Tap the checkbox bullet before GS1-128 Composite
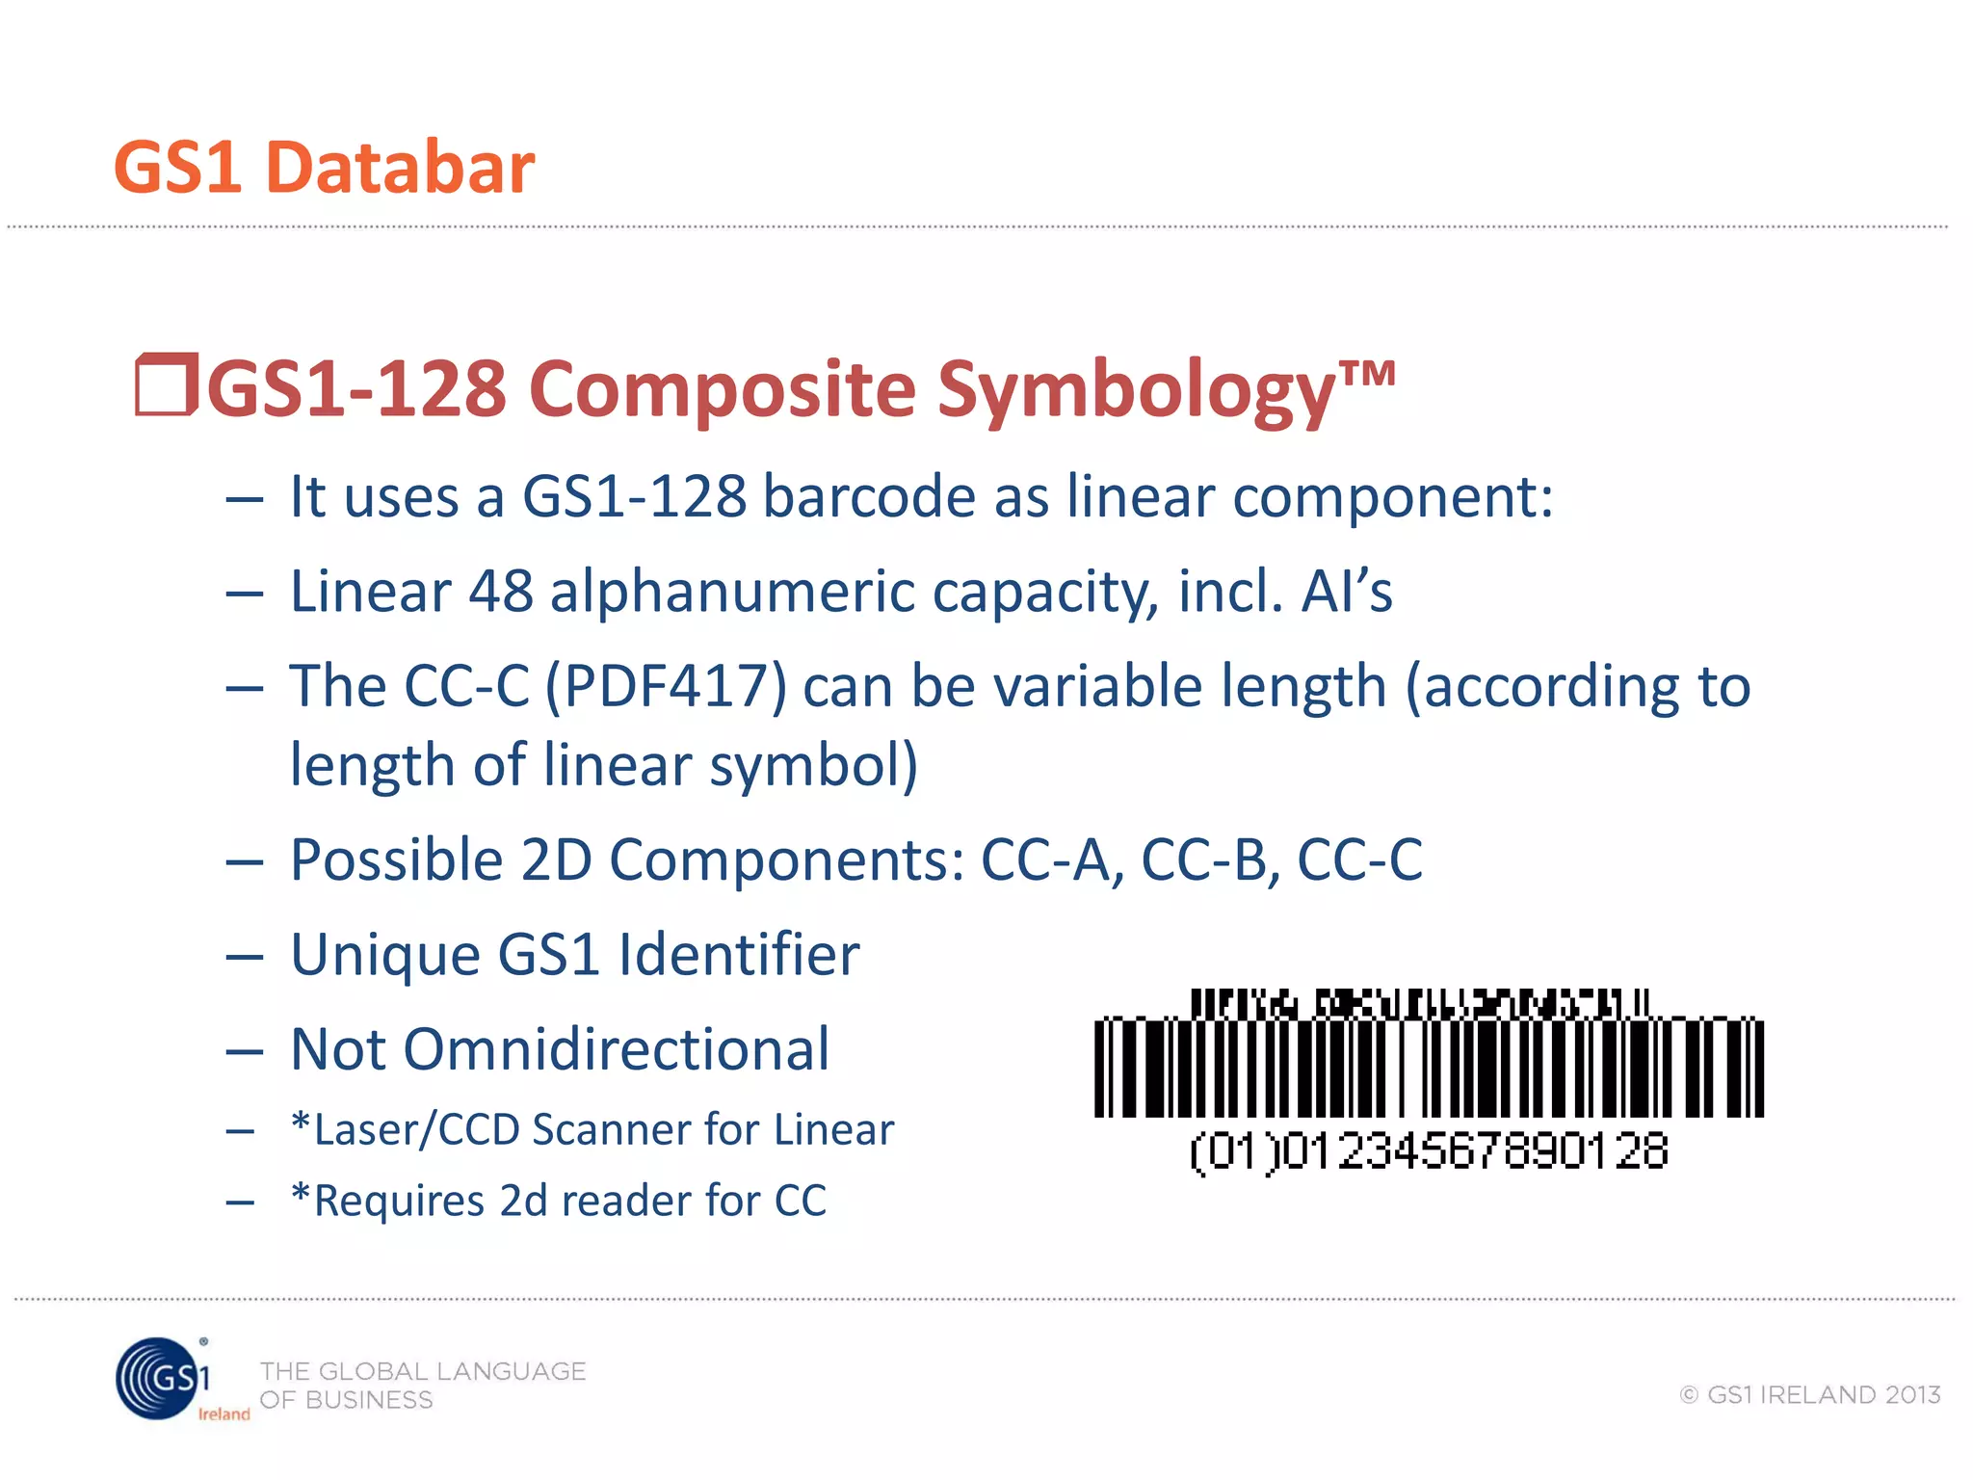click(x=166, y=385)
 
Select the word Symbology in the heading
click(x=1137, y=390)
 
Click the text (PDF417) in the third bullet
click(x=666, y=686)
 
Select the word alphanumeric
click(x=732, y=592)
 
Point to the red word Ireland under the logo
click(x=224, y=1414)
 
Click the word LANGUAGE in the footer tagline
click(x=511, y=1371)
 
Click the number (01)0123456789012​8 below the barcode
click(x=1430, y=1151)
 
